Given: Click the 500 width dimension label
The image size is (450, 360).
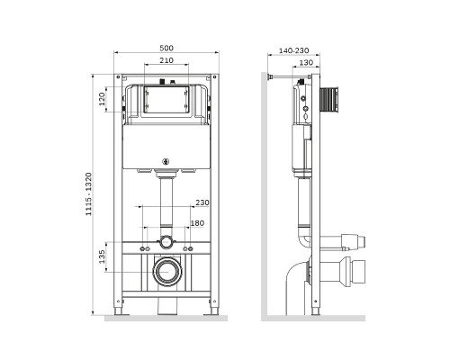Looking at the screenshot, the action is click(x=166, y=48).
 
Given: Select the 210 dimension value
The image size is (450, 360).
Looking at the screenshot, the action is click(x=166, y=60).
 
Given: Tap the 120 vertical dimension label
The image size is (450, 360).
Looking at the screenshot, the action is click(x=103, y=99).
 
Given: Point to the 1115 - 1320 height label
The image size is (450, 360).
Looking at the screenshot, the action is click(x=88, y=194).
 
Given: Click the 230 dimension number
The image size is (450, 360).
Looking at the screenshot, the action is click(x=202, y=202).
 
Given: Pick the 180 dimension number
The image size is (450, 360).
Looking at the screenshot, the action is click(x=197, y=223).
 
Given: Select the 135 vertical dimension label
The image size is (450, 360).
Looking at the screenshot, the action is click(x=102, y=256).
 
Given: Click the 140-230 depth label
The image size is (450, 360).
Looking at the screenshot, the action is click(x=293, y=50).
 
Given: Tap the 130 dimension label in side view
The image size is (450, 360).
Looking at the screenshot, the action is click(x=306, y=63).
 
